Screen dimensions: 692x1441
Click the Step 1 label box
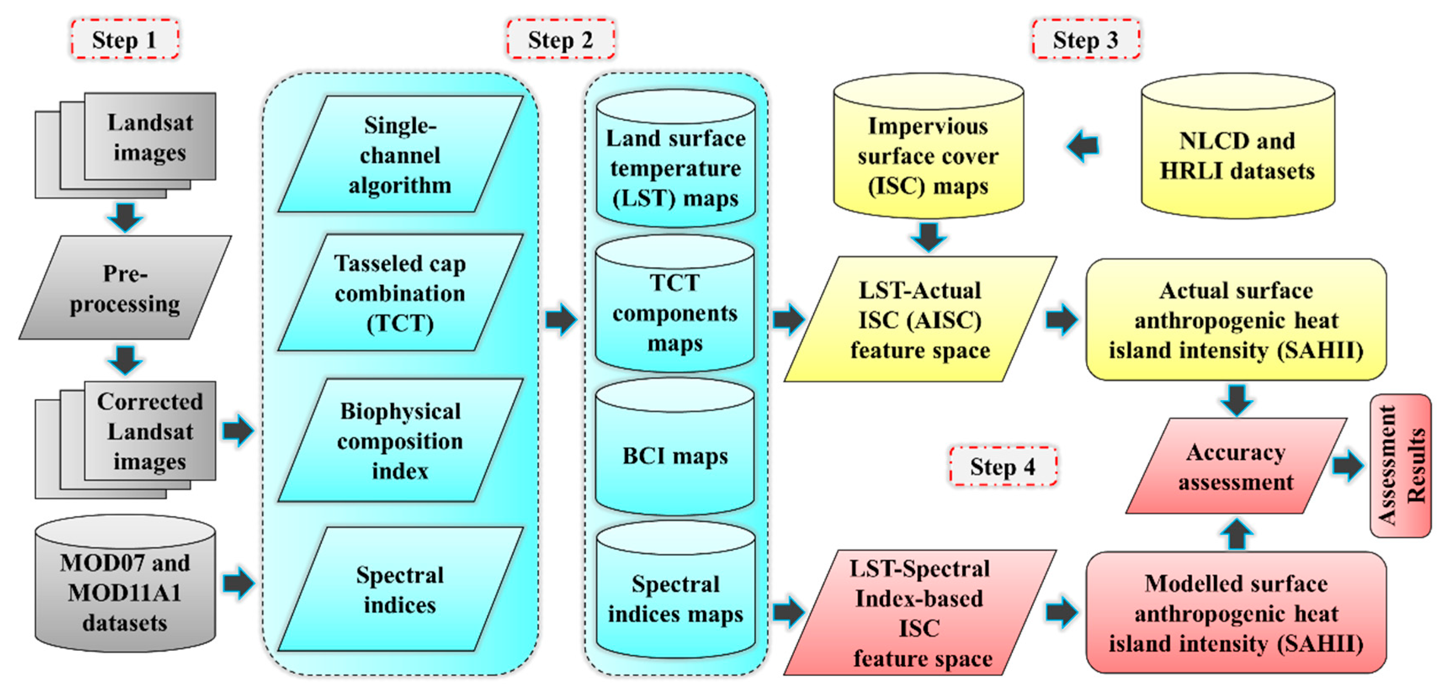tap(124, 39)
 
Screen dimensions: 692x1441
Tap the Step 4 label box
tap(1003, 466)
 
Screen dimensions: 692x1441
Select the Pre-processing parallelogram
tap(125, 288)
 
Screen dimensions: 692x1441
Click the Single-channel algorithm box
tap(400, 154)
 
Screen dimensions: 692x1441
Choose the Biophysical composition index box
tap(400, 441)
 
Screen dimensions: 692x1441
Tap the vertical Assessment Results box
tap(1400, 466)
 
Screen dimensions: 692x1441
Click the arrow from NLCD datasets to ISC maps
tap(1083, 146)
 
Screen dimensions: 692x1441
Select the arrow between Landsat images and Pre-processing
tap(125, 217)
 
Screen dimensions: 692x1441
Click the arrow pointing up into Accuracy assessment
tap(1236, 534)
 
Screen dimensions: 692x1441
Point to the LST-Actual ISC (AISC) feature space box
tap(920, 320)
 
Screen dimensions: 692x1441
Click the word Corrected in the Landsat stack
tap(150, 401)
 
